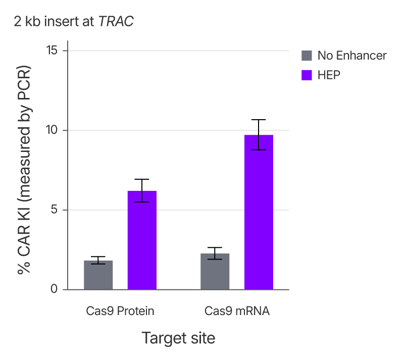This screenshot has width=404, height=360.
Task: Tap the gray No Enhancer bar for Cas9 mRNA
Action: point(215,272)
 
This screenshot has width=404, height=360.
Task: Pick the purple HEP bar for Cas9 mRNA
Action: point(259,213)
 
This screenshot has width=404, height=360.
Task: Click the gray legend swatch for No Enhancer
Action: point(307,56)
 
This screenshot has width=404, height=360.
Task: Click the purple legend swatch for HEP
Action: point(307,75)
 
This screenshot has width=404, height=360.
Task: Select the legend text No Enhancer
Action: point(352,56)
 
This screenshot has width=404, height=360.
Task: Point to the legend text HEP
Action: point(329,75)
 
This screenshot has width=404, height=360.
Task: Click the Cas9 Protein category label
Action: point(120,311)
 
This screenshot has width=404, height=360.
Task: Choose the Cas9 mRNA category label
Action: point(237,311)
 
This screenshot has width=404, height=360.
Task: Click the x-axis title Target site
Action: point(178,338)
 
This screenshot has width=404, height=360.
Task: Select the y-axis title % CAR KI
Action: point(24,170)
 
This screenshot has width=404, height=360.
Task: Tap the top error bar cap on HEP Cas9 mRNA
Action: point(259,120)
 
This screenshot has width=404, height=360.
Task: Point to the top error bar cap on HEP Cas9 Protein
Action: point(142,179)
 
